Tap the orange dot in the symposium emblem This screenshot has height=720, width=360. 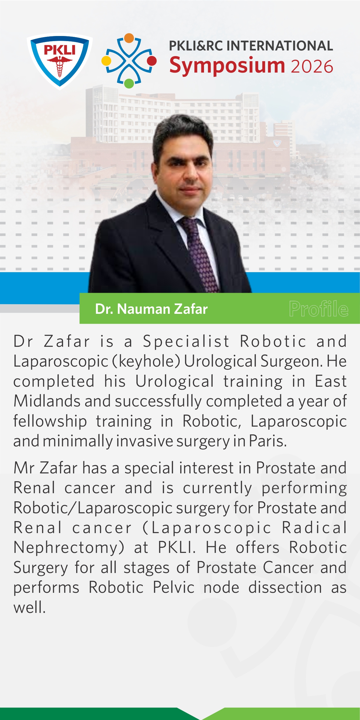129,38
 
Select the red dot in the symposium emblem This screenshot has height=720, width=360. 152,61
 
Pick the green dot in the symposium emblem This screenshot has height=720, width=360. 129,83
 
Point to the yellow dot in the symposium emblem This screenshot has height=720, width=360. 106,61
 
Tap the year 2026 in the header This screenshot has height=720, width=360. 312,66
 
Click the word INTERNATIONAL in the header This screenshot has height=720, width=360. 280,46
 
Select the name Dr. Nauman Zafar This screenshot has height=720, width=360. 151,309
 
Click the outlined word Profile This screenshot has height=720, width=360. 319,308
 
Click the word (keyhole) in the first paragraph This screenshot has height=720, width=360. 146,361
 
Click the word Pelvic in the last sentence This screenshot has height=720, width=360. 174,587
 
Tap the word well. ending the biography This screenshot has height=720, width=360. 29,607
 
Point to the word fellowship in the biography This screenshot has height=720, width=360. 50,421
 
